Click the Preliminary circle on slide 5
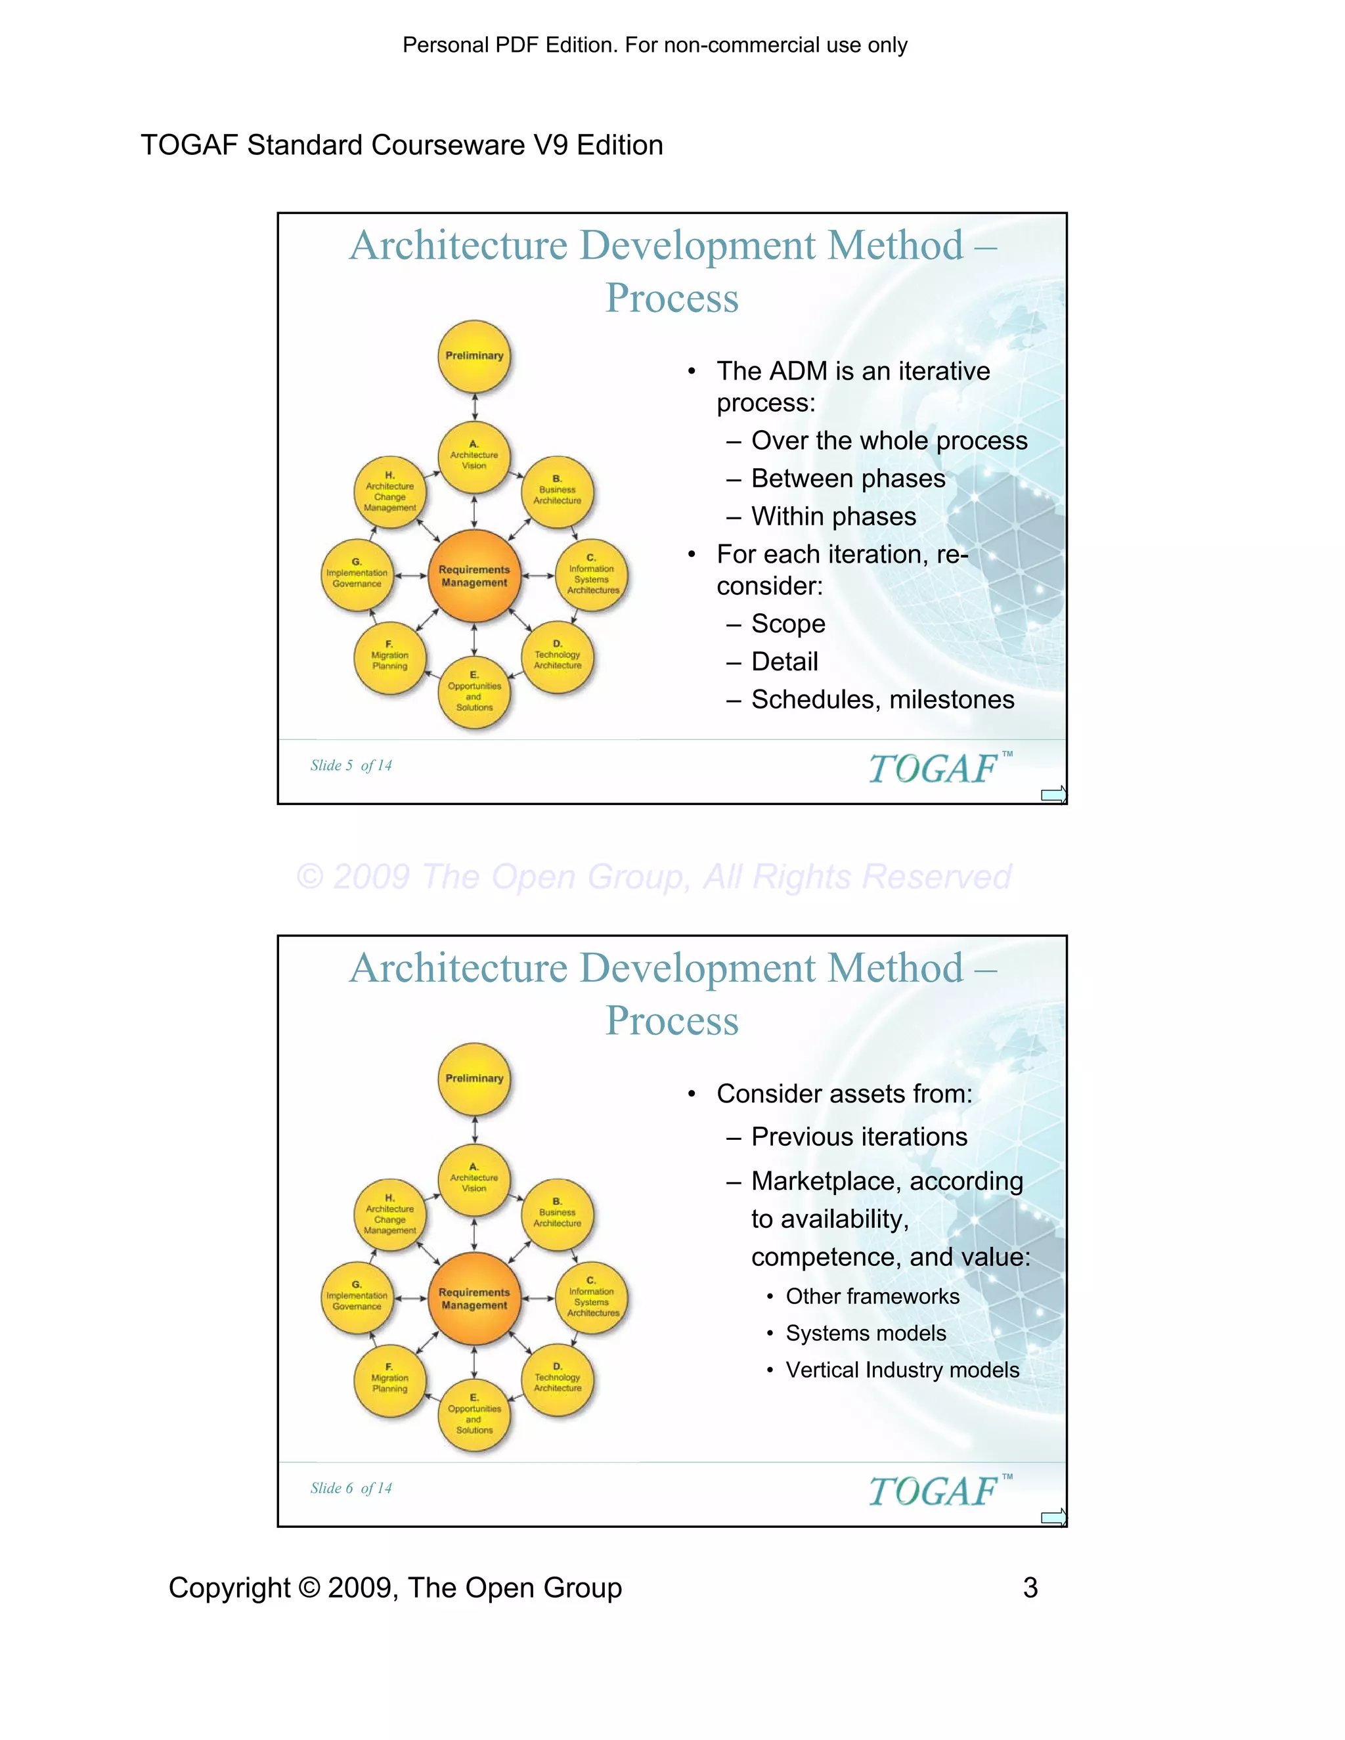click(x=474, y=356)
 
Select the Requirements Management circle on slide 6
click(x=474, y=1299)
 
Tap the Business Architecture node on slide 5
click(x=557, y=493)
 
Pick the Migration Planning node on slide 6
click(x=389, y=1381)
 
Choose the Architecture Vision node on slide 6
click(x=474, y=1179)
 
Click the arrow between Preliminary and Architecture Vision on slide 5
click(x=475, y=406)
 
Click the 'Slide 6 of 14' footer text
click(x=351, y=1489)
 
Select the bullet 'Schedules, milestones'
click(x=882, y=699)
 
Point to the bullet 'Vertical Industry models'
click(x=902, y=1370)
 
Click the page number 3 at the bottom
click(x=1030, y=1587)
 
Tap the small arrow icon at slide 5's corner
click(x=1053, y=794)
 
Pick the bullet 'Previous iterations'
click(x=859, y=1136)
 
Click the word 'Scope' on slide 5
click(x=788, y=624)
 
